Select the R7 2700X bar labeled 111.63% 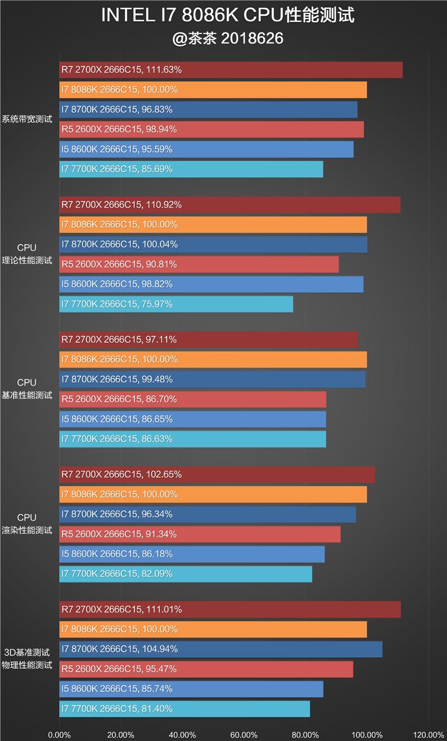231,70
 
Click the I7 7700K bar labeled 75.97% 176,304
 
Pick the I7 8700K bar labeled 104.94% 221,649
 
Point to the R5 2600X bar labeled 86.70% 193,399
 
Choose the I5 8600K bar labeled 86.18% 192,554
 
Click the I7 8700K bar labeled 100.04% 213,244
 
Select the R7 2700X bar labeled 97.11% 208,339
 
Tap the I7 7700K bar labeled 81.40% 184,709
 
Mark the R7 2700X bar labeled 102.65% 217,474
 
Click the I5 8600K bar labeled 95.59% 206,149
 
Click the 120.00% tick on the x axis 429,735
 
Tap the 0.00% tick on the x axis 59,735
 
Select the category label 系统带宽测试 27,119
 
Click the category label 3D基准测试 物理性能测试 27,659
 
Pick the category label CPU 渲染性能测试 27,524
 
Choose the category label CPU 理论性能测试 27,254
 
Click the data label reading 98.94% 160,129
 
